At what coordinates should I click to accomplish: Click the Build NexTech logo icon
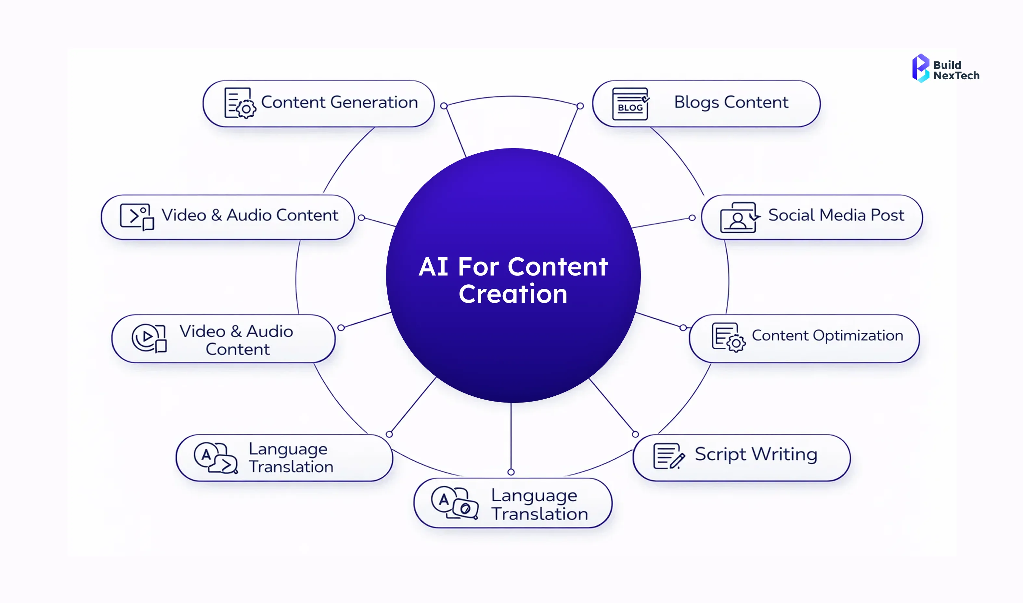coord(920,68)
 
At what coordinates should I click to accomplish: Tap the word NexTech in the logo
coord(956,76)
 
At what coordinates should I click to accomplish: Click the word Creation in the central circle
coord(513,294)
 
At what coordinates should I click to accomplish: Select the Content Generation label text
coord(339,102)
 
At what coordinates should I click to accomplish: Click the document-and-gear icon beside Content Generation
coord(240,103)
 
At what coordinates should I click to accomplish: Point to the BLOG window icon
coord(630,104)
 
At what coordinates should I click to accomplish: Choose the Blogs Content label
coord(731,102)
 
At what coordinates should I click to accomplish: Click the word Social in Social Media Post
coord(791,215)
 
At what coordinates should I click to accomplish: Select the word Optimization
coord(858,336)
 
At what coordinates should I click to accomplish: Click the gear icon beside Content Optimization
coord(736,344)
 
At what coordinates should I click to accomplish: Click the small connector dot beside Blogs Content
coord(580,106)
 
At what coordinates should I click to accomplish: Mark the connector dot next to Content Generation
coord(444,106)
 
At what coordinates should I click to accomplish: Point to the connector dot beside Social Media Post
coord(692,218)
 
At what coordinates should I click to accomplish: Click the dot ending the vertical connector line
coord(511,472)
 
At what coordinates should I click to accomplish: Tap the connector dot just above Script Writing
coord(635,434)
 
